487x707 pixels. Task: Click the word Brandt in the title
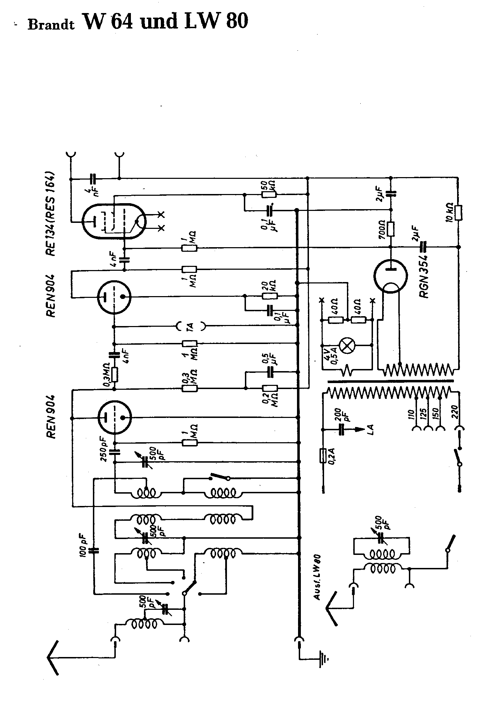[x=51, y=25]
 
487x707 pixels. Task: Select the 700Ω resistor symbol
[x=390, y=229]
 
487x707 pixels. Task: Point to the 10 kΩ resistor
[x=458, y=213]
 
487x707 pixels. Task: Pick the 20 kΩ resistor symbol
[x=270, y=296]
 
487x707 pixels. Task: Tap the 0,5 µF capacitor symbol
[x=270, y=371]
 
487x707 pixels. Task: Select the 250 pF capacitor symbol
[x=114, y=452]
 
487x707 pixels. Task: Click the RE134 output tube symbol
[x=113, y=221]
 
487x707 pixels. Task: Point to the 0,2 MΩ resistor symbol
[x=270, y=388]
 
